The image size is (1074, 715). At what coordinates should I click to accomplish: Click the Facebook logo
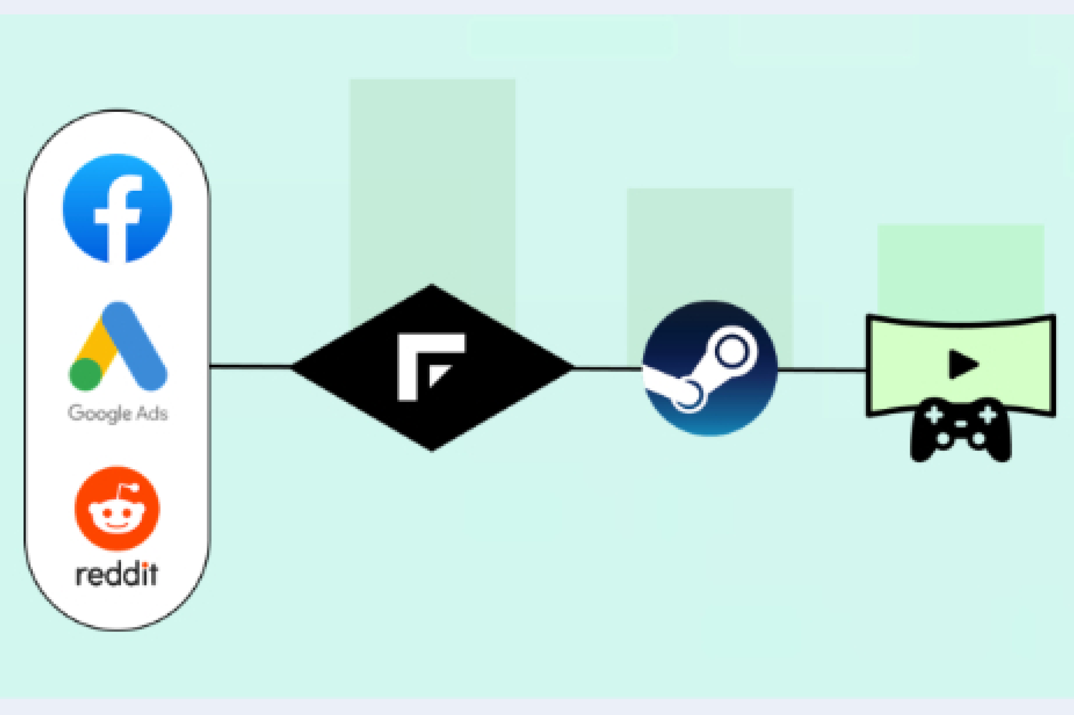pos(117,208)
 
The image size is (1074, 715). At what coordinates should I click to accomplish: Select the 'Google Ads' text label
pos(117,413)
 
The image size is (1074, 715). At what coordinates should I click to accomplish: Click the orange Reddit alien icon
pos(117,509)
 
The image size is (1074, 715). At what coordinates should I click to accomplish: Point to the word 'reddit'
pos(117,575)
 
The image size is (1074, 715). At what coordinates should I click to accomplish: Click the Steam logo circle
pos(709,368)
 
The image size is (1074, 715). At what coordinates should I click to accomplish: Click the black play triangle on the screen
pos(963,364)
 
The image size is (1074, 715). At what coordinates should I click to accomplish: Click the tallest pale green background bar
pos(432,182)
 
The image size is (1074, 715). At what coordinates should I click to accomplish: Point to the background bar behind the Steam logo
pos(710,242)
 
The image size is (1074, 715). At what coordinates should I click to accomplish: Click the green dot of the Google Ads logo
pos(85,374)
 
